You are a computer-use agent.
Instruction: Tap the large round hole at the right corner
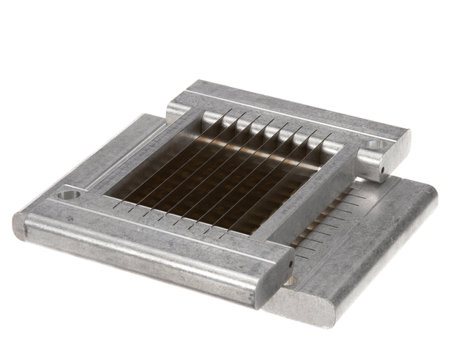pyautogui.click(x=375, y=147)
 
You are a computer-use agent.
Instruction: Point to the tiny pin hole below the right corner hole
pyautogui.click(x=382, y=171)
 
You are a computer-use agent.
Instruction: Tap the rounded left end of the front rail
pyautogui.click(x=20, y=225)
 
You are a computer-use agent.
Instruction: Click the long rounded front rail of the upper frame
pyautogui.click(x=144, y=252)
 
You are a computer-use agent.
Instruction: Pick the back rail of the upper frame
pyautogui.click(x=288, y=115)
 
